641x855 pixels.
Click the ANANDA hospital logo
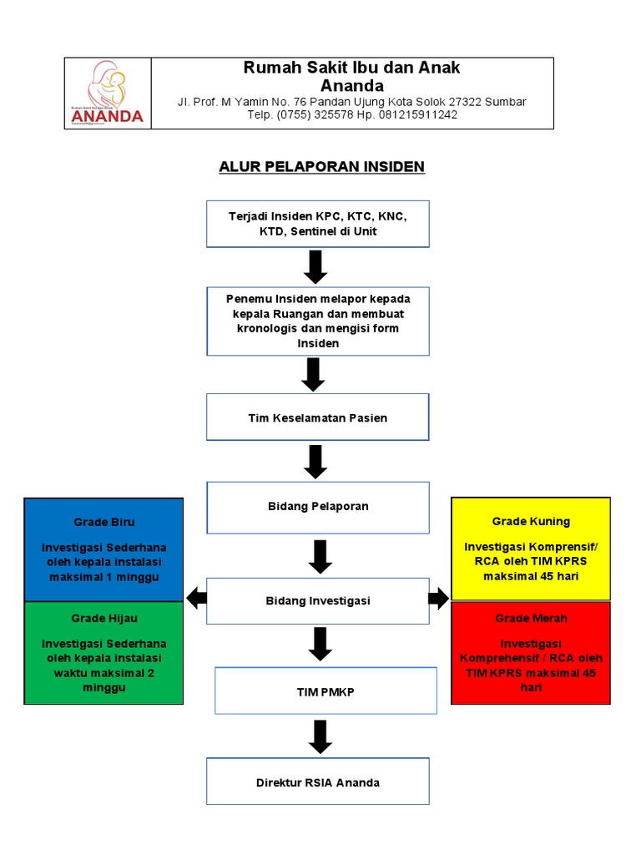coord(108,93)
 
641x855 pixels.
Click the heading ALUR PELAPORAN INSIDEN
coord(321,167)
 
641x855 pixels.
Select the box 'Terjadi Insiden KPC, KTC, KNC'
coord(318,224)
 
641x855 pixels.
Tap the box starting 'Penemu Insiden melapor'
coord(318,321)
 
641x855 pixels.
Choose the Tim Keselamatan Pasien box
coord(318,417)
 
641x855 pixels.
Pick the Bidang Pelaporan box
coord(318,506)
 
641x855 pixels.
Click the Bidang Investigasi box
coord(318,600)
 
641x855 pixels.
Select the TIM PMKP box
coord(326,691)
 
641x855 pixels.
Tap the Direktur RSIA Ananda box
coord(318,782)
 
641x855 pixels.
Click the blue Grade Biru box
coord(103,549)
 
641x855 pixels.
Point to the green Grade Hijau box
coord(103,653)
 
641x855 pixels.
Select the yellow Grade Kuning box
coord(531,549)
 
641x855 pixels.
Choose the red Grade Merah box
coord(531,653)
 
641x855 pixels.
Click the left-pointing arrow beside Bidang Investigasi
coord(196,598)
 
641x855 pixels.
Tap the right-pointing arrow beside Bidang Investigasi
coord(439,598)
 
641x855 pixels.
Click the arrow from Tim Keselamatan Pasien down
coord(315,461)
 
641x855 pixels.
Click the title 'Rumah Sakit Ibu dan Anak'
coord(351,68)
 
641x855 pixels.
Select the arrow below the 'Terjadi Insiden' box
coord(315,266)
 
